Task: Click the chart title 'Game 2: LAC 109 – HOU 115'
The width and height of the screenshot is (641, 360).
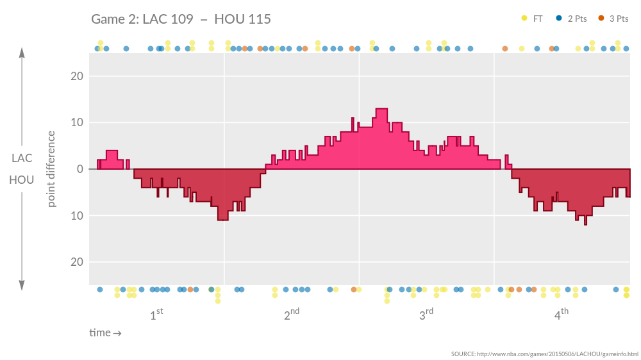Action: point(181,19)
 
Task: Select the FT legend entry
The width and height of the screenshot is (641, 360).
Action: point(533,19)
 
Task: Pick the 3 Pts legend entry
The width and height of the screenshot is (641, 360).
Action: point(613,19)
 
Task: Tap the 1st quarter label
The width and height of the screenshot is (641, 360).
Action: point(156,315)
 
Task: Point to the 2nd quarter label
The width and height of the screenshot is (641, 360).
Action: point(291,315)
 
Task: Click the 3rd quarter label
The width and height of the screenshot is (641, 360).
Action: point(426,315)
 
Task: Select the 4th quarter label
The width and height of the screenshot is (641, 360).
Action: point(561,315)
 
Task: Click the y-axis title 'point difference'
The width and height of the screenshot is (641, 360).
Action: point(52,169)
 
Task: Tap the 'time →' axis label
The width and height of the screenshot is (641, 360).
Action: point(105,333)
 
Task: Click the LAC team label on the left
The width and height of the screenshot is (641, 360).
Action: point(22,158)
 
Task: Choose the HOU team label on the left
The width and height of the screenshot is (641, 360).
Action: point(22,180)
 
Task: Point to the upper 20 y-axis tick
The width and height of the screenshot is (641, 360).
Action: point(76,76)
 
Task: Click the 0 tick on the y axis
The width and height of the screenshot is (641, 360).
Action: point(79,169)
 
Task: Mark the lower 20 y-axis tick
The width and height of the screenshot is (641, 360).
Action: point(76,262)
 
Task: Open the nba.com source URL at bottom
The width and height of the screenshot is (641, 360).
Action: point(545,354)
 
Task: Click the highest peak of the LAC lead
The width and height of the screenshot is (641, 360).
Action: point(381,110)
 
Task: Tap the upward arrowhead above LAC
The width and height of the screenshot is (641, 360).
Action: point(22,53)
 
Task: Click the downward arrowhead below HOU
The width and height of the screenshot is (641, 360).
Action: point(22,285)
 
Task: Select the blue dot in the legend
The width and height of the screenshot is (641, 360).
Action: point(559,19)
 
